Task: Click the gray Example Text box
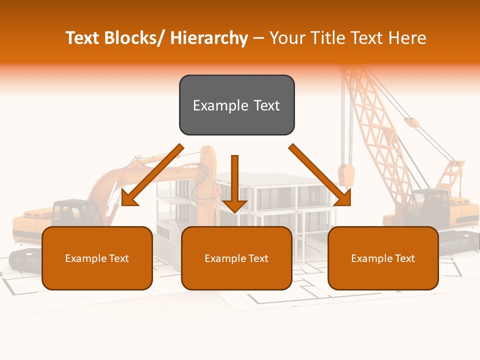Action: pyautogui.click(x=236, y=105)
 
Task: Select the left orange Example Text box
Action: pyautogui.click(x=97, y=258)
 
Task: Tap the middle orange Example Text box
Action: pyautogui.click(x=236, y=258)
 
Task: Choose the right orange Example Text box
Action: pyautogui.click(x=383, y=258)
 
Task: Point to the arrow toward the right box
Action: pyautogui.click(x=320, y=175)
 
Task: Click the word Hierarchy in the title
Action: pyautogui.click(x=209, y=38)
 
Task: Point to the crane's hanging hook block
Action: pyautogui.click(x=346, y=175)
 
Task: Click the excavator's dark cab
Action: pyautogui.click(x=70, y=212)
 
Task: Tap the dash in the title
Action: pyautogui.click(x=258, y=38)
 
